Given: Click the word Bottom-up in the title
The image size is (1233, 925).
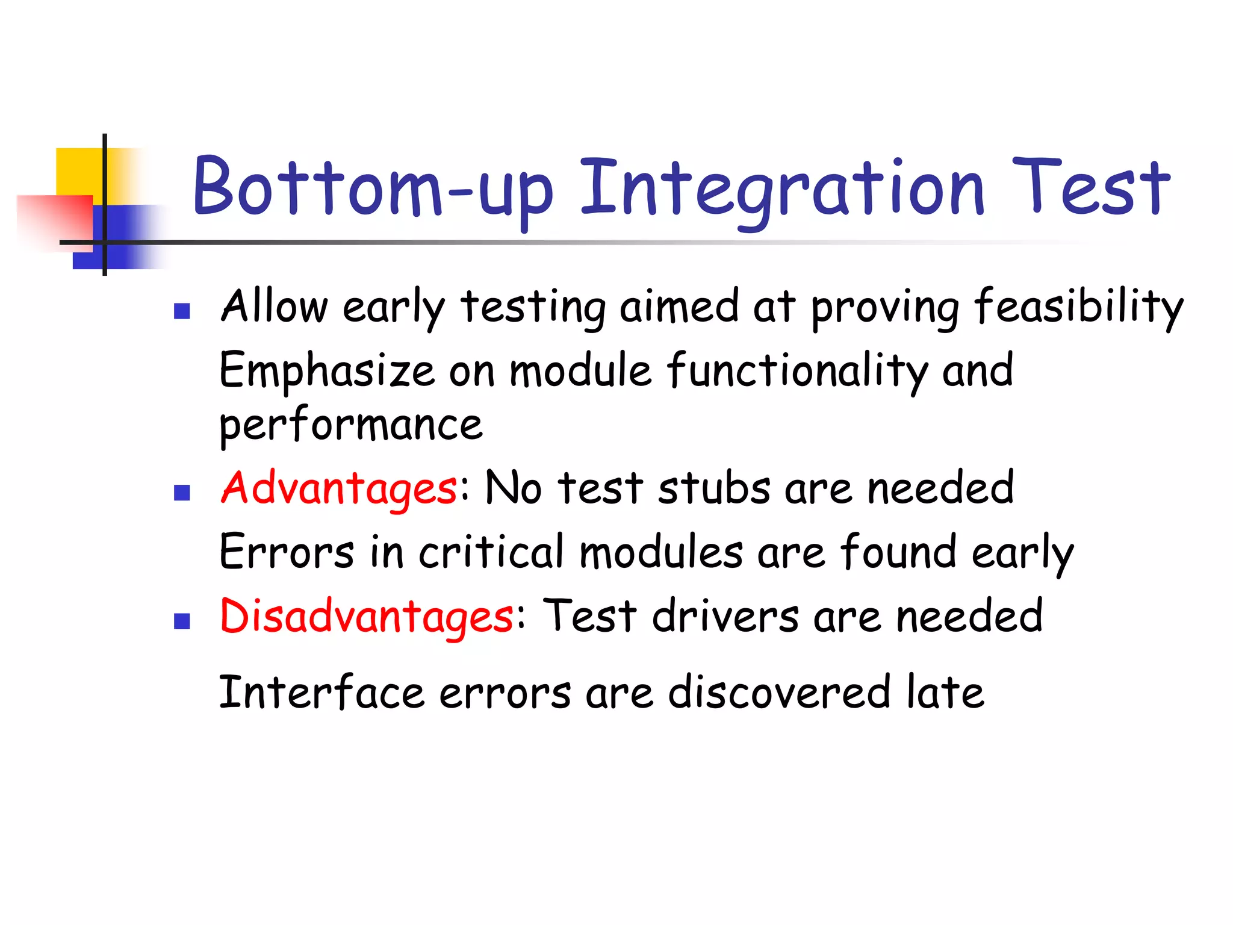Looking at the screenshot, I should tap(373, 188).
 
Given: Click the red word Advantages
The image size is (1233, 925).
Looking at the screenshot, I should tap(339, 488).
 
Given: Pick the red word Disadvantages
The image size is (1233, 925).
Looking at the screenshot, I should tap(367, 616).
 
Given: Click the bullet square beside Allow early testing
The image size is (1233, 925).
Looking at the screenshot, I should tap(182, 311).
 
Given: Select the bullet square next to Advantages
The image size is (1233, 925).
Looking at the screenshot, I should tap(182, 493).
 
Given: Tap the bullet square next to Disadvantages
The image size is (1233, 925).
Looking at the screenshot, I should tap(182, 621).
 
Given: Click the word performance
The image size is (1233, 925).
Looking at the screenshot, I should tap(350, 425).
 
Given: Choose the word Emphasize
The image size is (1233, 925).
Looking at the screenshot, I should tap(326, 370).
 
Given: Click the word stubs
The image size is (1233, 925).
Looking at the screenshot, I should tap(714, 488).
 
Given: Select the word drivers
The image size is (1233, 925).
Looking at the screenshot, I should tap(725, 616).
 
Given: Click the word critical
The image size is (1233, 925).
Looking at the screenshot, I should tap(491, 552).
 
